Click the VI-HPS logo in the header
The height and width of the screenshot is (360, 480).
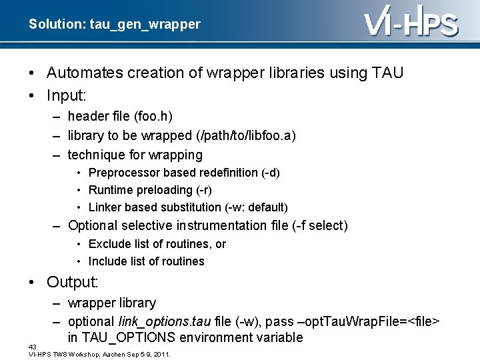(x=411, y=25)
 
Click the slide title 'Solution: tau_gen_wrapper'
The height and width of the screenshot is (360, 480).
(x=114, y=25)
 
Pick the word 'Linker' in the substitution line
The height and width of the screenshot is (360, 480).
(x=105, y=207)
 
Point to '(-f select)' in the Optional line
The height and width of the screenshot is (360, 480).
(x=319, y=225)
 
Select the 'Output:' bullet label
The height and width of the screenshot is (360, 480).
(x=73, y=282)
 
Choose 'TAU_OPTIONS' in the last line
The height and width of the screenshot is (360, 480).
(x=126, y=338)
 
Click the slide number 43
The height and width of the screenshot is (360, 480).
(x=33, y=347)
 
